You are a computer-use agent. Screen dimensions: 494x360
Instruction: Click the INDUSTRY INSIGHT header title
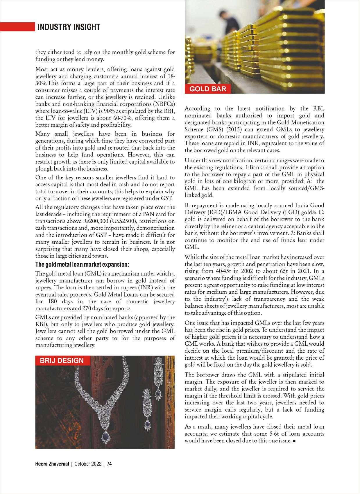pyautogui.click(x=69, y=27)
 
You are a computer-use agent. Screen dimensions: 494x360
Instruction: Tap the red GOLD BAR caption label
pyautogui.click(x=207, y=89)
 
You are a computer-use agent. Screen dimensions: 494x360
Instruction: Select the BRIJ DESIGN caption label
pyautogui.click(x=62, y=361)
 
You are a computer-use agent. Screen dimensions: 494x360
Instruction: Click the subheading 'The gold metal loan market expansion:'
pyautogui.click(x=82, y=265)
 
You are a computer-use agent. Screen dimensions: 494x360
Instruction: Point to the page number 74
pyautogui.click(x=109, y=464)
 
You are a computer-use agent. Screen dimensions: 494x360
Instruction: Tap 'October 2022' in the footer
pyautogui.click(x=88, y=464)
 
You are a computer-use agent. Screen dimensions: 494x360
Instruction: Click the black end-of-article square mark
pyautogui.click(x=295, y=441)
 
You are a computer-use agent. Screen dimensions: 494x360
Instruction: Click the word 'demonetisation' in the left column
pyautogui.click(x=155, y=228)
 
